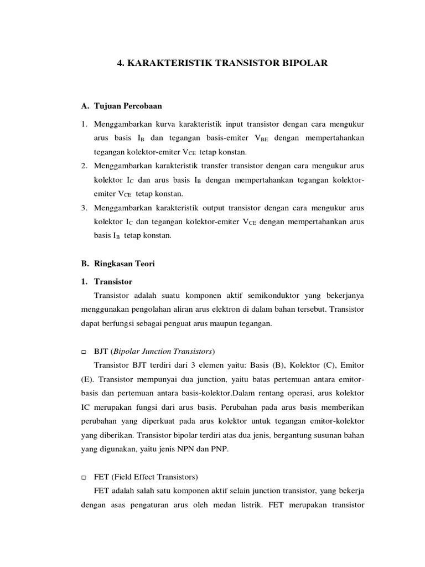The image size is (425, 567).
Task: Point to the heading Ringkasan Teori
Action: click(125, 264)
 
